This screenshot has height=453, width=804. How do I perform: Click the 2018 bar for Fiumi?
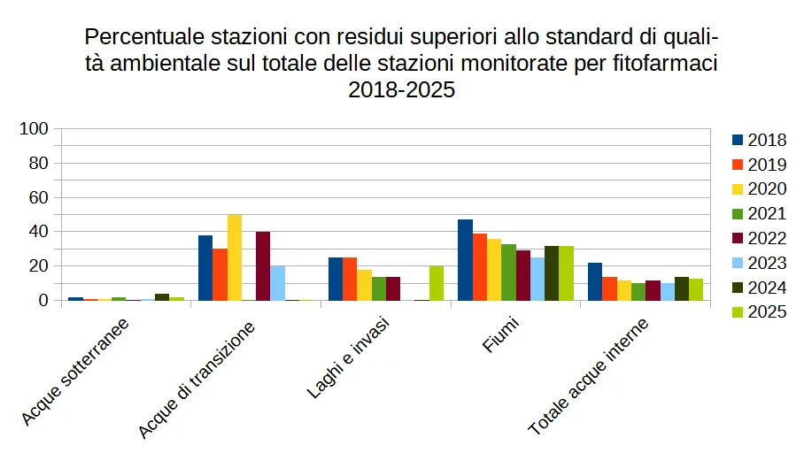(x=465, y=260)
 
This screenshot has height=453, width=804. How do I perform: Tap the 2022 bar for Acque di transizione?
(x=263, y=266)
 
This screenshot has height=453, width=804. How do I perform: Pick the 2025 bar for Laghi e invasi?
(x=437, y=283)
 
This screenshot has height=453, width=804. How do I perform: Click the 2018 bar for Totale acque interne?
(x=595, y=281)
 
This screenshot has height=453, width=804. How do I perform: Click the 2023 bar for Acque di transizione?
(x=278, y=283)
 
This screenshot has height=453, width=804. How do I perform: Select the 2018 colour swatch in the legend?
(x=738, y=140)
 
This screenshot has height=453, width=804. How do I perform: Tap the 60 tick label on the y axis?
(x=38, y=197)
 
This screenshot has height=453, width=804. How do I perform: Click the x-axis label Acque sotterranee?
(x=76, y=371)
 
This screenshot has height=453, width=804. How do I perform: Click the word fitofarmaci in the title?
(x=666, y=64)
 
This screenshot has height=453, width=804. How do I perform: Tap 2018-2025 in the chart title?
(x=401, y=89)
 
